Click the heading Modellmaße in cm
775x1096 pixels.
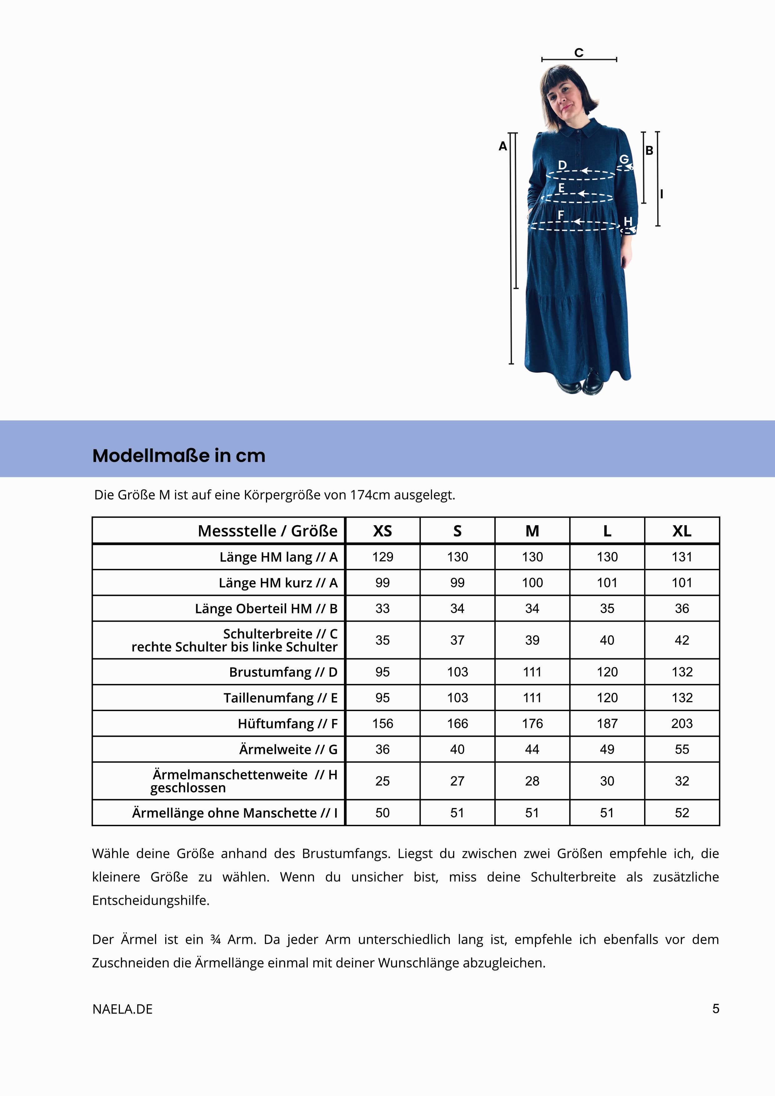click(178, 456)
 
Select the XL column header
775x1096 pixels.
click(682, 531)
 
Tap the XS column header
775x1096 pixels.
click(382, 531)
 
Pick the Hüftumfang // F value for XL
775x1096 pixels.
click(682, 724)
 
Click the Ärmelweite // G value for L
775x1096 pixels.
click(607, 750)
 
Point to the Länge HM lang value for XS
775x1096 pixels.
click(382, 557)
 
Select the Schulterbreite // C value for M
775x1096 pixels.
click(532, 640)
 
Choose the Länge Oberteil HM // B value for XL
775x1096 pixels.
click(682, 609)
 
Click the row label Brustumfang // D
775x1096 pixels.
click(283, 672)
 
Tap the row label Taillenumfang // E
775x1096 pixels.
click(280, 698)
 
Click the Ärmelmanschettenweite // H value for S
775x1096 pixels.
click(457, 781)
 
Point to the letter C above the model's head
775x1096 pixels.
click(579, 52)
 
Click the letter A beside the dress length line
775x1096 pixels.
click(503, 147)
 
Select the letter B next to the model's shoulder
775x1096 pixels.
click(649, 150)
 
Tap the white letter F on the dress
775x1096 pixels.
click(561, 215)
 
